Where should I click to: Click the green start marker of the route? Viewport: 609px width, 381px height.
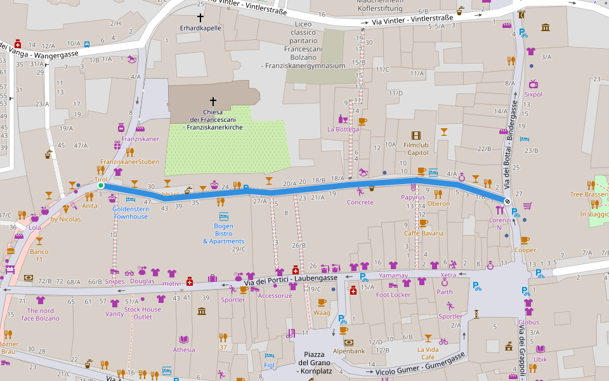coord(100,186)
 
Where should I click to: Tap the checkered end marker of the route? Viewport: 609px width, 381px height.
coord(507,201)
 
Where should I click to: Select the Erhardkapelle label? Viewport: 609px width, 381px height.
coord(200,28)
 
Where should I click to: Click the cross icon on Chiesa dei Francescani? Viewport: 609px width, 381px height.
coord(213,101)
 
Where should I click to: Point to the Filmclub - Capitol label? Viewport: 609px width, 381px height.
coord(416,149)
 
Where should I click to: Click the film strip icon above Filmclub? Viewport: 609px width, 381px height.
coord(416,135)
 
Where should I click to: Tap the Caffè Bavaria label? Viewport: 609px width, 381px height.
coord(424,234)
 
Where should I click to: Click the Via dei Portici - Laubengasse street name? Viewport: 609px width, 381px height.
coord(291,279)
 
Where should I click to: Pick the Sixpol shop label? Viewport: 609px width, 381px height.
coord(533,94)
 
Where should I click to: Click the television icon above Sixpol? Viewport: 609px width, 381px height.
coord(533,83)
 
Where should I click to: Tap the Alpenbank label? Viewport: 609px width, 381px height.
coord(348,351)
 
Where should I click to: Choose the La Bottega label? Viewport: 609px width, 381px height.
coord(343,129)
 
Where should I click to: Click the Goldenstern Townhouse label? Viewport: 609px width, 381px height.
coord(130,213)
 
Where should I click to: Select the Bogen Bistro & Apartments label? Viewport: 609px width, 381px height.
coord(223,234)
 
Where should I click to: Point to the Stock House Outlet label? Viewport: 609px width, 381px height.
coord(142,313)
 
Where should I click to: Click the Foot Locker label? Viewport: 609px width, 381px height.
coord(393,295)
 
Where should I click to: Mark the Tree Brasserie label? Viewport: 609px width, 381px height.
coord(589,194)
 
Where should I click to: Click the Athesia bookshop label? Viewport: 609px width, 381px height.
coord(184,349)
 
